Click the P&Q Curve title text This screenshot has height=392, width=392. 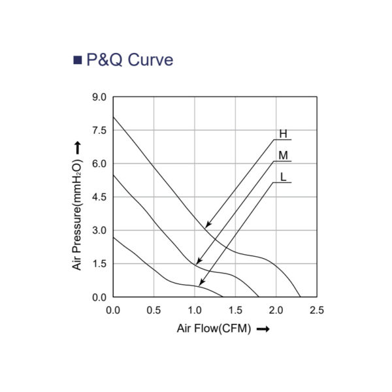[x=130, y=61]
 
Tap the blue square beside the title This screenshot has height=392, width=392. [x=77, y=61]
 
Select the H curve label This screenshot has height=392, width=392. [x=283, y=135]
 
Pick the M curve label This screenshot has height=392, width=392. [x=283, y=155]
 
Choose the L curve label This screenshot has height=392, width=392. [x=283, y=177]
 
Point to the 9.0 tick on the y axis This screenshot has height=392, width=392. [x=99, y=97]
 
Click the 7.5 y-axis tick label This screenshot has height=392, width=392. [x=99, y=131]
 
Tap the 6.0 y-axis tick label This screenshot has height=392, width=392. [x=99, y=164]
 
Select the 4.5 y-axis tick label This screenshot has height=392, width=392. [x=99, y=197]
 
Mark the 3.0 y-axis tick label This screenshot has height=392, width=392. [x=99, y=231]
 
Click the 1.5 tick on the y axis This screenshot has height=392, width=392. [x=99, y=264]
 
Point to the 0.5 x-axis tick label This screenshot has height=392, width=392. [x=154, y=309]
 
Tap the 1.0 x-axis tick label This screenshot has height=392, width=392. [x=194, y=309]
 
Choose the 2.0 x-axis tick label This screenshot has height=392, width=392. [x=276, y=309]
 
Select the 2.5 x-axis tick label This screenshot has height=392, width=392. [x=316, y=309]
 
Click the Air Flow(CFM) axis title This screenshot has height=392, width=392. [x=214, y=329]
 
